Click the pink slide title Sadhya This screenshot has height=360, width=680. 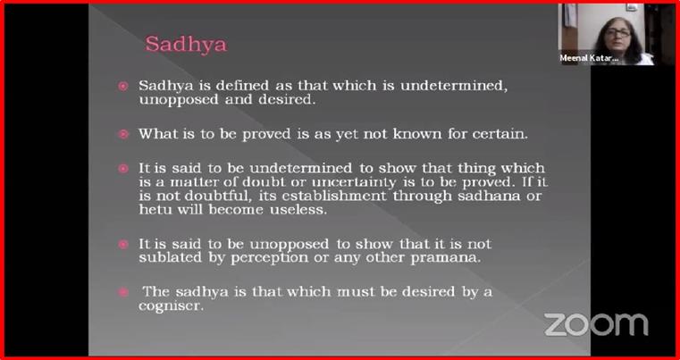point(186,45)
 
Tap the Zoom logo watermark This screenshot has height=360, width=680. point(596,324)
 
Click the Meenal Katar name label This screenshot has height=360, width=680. point(589,58)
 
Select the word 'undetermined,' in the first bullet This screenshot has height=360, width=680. point(454,86)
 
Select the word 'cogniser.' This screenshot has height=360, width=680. point(171,306)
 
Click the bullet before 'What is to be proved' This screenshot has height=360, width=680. point(123,135)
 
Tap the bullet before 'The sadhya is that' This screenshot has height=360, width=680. point(123,292)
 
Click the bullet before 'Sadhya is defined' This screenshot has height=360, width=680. point(123,86)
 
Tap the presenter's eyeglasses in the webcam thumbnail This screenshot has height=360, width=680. point(617,33)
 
